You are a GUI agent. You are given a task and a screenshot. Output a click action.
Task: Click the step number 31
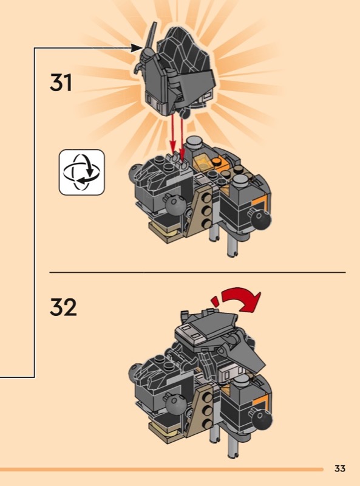[61, 83]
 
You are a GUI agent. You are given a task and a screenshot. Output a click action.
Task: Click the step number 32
[63, 307]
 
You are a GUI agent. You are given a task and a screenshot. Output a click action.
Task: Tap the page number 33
[340, 468]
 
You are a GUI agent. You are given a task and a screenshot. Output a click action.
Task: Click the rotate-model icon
[82, 173]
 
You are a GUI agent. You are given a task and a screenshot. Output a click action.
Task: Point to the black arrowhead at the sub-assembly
[137, 48]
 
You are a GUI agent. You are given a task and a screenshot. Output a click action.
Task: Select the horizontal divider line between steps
[197, 272]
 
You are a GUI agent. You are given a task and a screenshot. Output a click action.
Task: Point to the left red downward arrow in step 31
[172, 134]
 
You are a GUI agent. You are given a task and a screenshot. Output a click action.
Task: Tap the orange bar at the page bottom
[161, 469]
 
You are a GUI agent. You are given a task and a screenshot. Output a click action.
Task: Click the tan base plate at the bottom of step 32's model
[168, 433]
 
